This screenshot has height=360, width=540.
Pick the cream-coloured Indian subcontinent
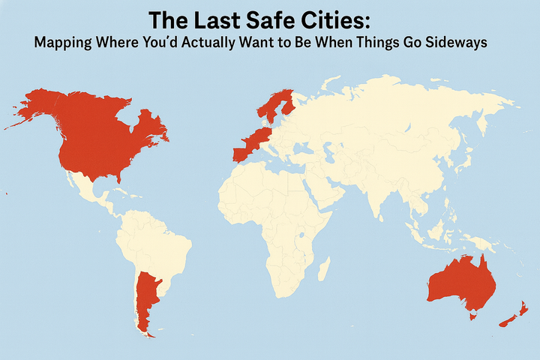pos(381,191)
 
